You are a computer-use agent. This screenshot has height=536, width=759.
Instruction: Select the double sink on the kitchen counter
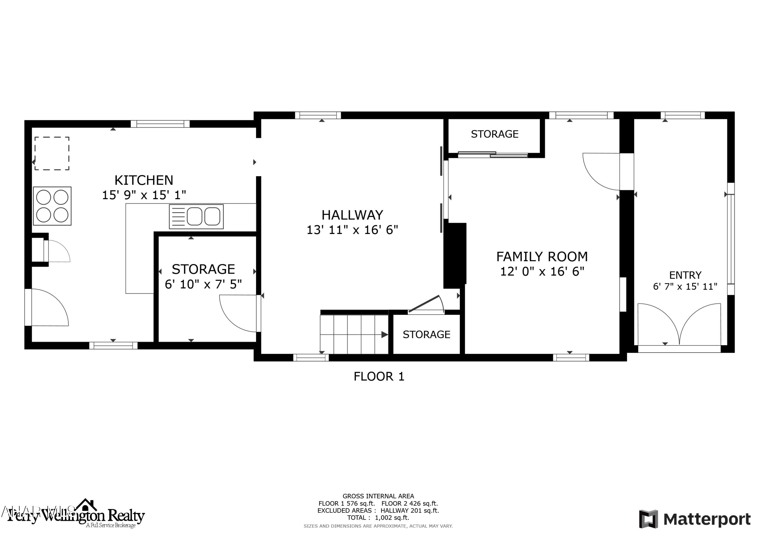coord(196,217)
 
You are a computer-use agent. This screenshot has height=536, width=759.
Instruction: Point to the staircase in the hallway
coord(354,334)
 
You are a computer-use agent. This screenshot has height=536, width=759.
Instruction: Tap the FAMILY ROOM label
coord(542,257)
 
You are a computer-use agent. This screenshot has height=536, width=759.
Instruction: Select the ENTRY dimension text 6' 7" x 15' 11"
coord(685,286)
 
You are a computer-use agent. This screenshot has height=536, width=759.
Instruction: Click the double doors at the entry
coord(679,325)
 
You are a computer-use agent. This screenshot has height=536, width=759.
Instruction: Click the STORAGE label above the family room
coord(495,134)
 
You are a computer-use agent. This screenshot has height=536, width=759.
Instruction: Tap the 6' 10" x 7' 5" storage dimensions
coord(203,284)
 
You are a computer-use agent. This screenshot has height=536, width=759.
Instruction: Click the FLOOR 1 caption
coord(379,377)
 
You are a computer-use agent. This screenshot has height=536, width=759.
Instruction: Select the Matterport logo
coord(694,520)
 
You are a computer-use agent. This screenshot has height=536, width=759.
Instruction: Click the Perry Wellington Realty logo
coord(76,516)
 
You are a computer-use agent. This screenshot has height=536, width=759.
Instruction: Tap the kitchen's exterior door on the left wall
coord(46,307)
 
